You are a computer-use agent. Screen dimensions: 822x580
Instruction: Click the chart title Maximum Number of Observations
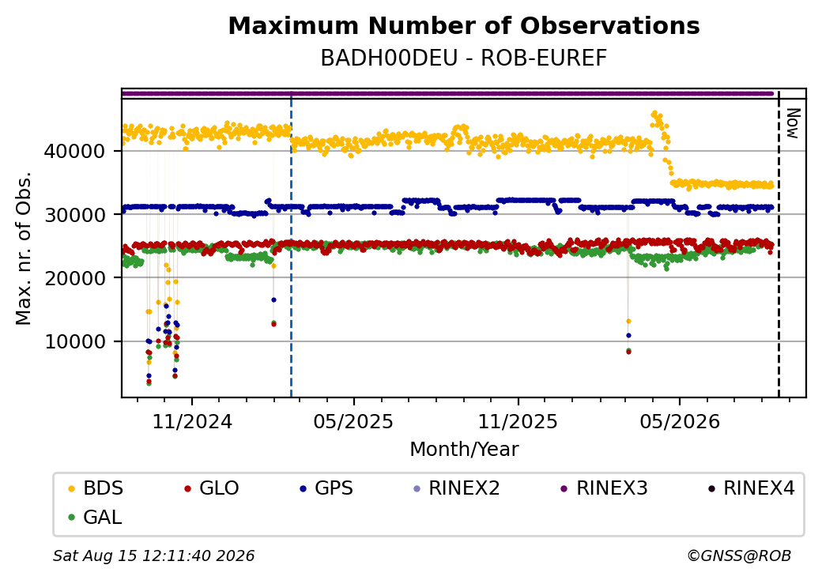(464, 25)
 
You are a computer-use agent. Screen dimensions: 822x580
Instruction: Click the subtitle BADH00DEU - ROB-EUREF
(464, 58)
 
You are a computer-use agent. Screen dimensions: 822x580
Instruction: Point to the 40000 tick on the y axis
(75, 152)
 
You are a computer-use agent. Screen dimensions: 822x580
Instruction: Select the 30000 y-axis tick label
(75, 215)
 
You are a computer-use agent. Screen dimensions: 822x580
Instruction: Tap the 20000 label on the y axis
(75, 278)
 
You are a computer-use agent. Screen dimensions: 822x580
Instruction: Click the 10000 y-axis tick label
(75, 341)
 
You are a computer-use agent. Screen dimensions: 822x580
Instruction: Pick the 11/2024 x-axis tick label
(192, 421)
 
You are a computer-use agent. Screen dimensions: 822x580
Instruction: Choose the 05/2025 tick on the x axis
(353, 421)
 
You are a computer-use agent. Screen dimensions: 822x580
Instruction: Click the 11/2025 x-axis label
(518, 421)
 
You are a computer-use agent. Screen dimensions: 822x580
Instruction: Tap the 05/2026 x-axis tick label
(680, 421)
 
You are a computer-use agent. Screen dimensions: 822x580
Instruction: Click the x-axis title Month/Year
(464, 450)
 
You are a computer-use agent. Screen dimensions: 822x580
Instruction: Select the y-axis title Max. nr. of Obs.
(24, 247)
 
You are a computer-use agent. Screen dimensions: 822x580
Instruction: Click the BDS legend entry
(96, 488)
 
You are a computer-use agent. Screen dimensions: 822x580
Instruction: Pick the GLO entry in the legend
(212, 488)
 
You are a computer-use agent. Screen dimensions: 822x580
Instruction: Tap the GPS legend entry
(326, 488)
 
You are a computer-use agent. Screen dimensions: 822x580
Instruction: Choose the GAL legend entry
(96, 517)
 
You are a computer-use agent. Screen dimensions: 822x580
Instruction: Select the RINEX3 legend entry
(605, 488)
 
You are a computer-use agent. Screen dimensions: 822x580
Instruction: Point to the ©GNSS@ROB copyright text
(739, 556)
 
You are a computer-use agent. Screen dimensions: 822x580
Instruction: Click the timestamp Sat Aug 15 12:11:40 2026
(154, 556)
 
